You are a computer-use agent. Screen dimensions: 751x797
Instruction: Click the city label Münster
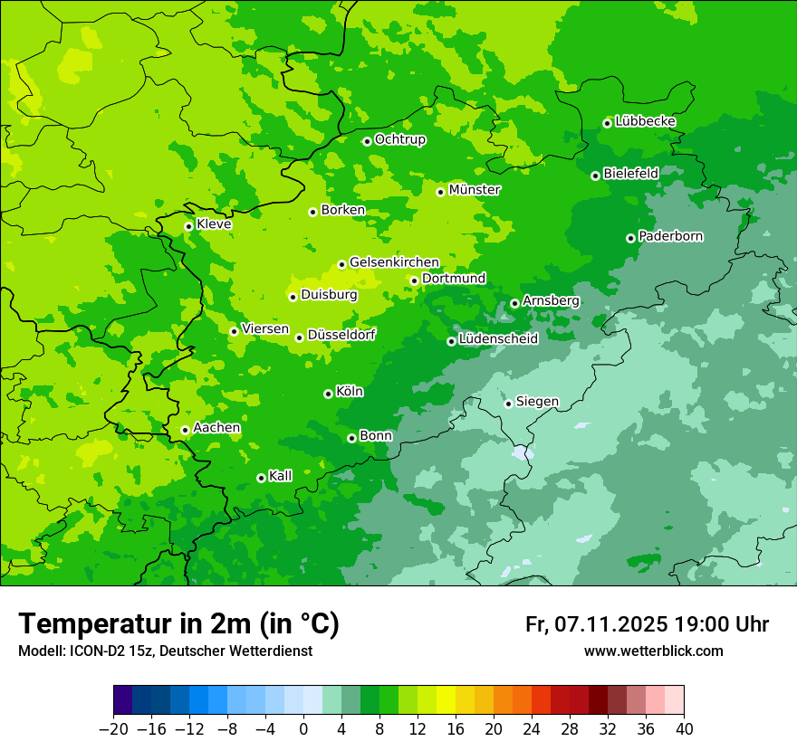[475, 190]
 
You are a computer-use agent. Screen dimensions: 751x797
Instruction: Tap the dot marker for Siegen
[508, 404]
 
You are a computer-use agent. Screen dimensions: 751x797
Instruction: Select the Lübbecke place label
[645, 121]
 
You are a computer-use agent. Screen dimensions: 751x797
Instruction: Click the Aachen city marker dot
[185, 431]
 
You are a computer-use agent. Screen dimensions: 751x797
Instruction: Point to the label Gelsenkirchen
[394, 262]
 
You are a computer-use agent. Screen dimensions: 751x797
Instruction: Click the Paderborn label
[670, 236]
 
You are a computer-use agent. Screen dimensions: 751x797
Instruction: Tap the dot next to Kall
[261, 478]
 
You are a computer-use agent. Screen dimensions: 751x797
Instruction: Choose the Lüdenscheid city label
[498, 339]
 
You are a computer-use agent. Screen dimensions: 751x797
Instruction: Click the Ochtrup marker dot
[367, 141]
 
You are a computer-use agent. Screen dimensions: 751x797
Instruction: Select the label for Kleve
[214, 224]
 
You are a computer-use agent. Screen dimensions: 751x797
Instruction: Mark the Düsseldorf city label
[341, 335]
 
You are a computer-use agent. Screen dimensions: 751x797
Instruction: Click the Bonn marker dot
[351, 438]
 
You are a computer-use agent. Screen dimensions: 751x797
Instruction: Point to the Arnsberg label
[551, 300]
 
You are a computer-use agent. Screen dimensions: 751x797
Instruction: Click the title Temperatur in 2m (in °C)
[178, 624]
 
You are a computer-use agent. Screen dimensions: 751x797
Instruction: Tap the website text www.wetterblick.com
[653, 651]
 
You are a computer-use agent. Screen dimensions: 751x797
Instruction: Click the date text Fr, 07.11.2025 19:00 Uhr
[647, 624]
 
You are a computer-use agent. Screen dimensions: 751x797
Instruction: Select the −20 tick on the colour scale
[113, 728]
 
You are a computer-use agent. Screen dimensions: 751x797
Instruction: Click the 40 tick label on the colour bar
[684, 728]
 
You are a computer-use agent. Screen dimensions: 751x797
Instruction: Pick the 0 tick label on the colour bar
[303, 728]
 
